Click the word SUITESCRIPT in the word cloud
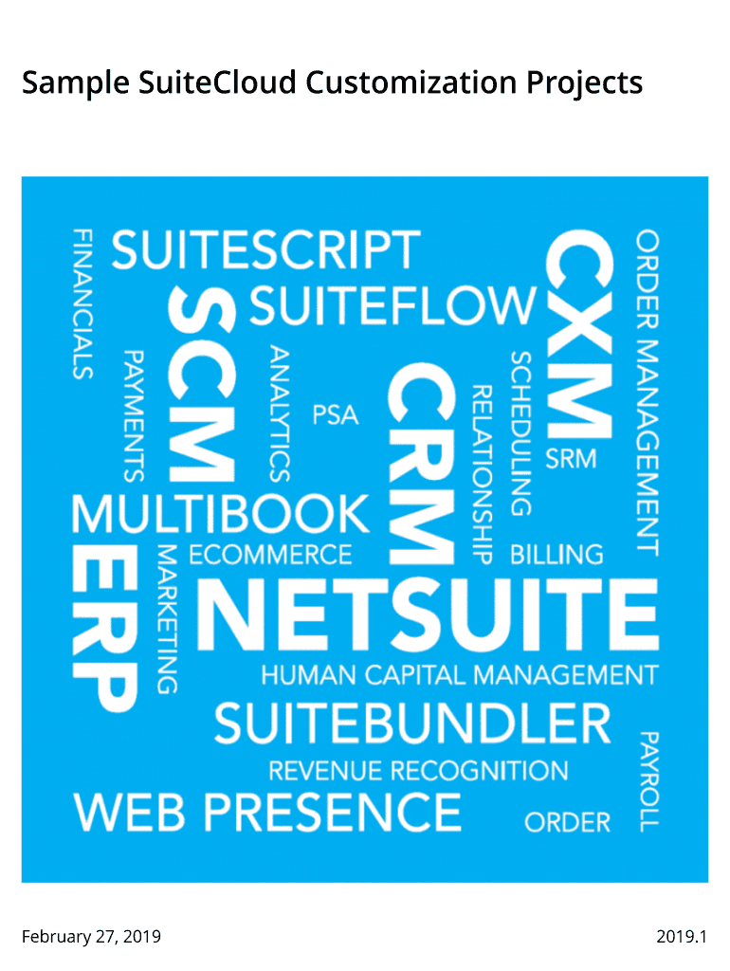pyautogui.click(x=265, y=249)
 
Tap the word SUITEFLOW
pyautogui.click(x=392, y=305)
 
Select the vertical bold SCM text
pyautogui.click(x=202, y=384)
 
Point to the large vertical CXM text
pyautogui.click(x=579, y=334)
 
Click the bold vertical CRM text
pyautogui.click(x=422, y=463)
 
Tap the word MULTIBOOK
pyautogui.click(x=221, y=514)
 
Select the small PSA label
pyautogui.click(x=336, y=415)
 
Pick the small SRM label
pyautogui.click(x=571, y=459)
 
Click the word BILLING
pyautogui.click(x=557, y=554)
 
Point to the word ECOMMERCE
pyautogui.click(x=270, y=554)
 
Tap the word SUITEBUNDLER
pyautogui.click(x=413, y=724)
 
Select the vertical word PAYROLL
pyautogui.click(x=648, y=781)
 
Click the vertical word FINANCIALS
pyautogui.click(x=83, y=304)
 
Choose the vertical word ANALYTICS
pyautogui.click(x=280, y=413)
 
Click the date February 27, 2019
pyautogui.click(x=92, y=936)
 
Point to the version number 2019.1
pyautogui.click(x=682, y=936)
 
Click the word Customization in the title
pyautogui.click(x=411, y=82)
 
